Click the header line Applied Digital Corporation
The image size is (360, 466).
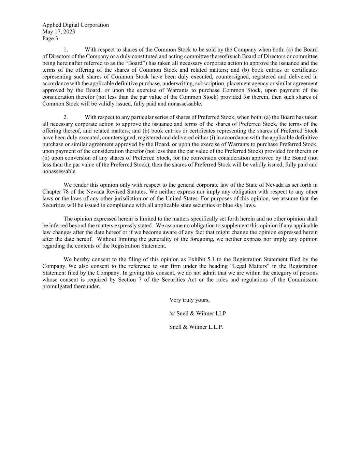[75, 25]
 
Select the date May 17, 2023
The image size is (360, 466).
[59, 32]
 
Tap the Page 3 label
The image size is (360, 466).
[50, 39]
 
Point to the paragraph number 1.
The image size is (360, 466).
[66, 50]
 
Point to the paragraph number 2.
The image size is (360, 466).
[66, 117]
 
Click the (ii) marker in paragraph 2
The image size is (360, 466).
[46, 158]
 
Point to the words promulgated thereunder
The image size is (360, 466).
[71, 287]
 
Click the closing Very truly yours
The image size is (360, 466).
[189, 300]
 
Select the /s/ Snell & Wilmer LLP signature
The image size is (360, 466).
[198, 313]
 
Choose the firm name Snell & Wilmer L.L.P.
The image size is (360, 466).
[196, 327]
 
